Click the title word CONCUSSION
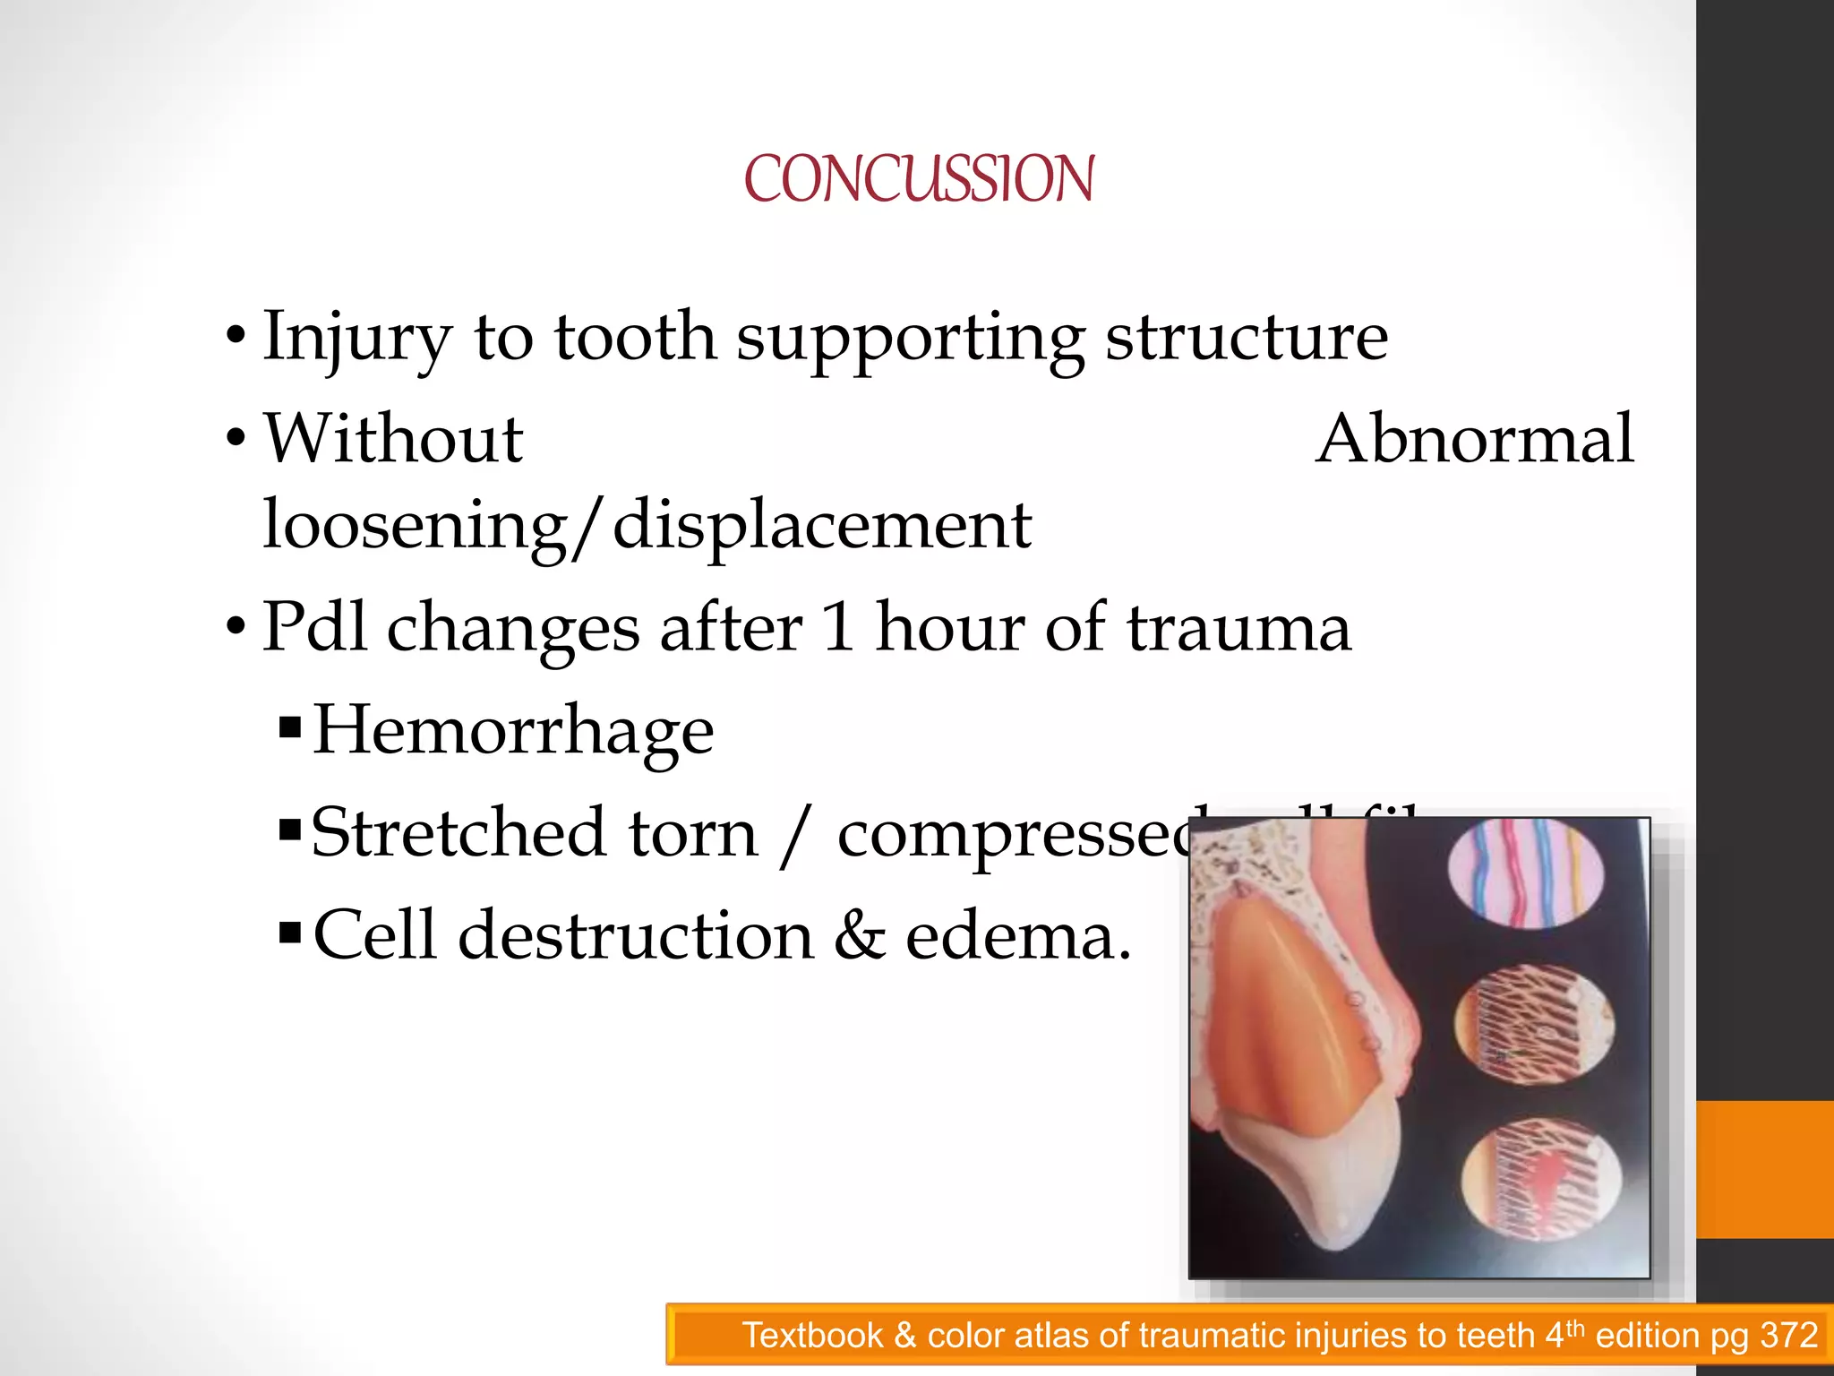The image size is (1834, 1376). click(x=918, y=179)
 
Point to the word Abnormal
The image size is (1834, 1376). click(x=1474, y=439)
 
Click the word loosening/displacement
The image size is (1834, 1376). click(x=647, y=525)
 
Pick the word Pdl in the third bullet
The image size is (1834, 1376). click(x=313, y=627)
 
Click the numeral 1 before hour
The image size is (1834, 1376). click(x=838, y=627)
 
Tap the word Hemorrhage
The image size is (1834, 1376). click(x=512, y=731)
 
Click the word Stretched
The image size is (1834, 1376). click(x=457, y=833)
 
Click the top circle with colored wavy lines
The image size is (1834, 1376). click(x=1525, y=873)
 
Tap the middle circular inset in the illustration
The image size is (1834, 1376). click(x=1534, y=1025)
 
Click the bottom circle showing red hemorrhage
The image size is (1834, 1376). click(x=1540, y=1181)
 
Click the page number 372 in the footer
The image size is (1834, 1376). click(x=1788, y=1336)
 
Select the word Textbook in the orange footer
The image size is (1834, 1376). click(x=812, y=1336)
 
